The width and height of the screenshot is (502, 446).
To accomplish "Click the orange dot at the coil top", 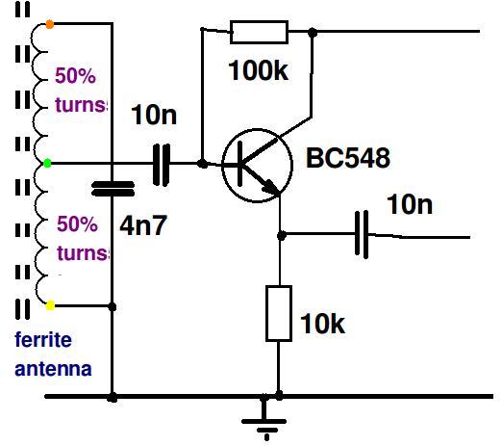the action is pyautogui.click(x=49, y=24).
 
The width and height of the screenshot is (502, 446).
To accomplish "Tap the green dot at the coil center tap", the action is pyautogui.click(x=47, y=164).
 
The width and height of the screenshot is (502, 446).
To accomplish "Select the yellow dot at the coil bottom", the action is pyautogui.click(x=50, y=305).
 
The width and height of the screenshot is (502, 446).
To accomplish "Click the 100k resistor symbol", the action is pyautogui.click(x=259, y=32).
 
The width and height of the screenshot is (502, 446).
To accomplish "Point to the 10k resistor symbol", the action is pyautogui.click(x=279, y=313).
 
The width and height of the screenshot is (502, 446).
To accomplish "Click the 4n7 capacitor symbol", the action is pyautogui.click(x=113, y=189).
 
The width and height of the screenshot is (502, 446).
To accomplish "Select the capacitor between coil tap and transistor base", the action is pyautogui.click(x=162, y=165).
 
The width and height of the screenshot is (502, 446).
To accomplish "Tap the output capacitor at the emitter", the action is pyautogui.click(x=362, y=234).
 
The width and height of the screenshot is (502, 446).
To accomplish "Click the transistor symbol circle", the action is pyautogui.click(x=257, y=165).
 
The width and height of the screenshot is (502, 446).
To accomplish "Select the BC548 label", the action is pyautogui.click(x=348, y=158).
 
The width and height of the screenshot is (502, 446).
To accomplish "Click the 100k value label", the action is pyautogui.click(x=258, y=70).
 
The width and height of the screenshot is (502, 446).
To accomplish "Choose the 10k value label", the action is pyautogui.click(x=322, y=324).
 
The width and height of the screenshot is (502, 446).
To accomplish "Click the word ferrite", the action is pyautogui.click(x=43, y=340).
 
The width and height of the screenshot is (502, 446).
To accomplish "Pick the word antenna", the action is pyautogui.click(x=53, y=369).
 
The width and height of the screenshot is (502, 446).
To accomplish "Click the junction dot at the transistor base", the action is pyautogui.click(x=202, y=164).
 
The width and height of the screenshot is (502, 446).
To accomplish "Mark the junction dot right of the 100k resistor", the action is pyautogui.click(x=313, y=32).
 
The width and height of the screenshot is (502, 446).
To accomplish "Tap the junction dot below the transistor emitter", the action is pyautogui.click(x=282, y=235).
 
